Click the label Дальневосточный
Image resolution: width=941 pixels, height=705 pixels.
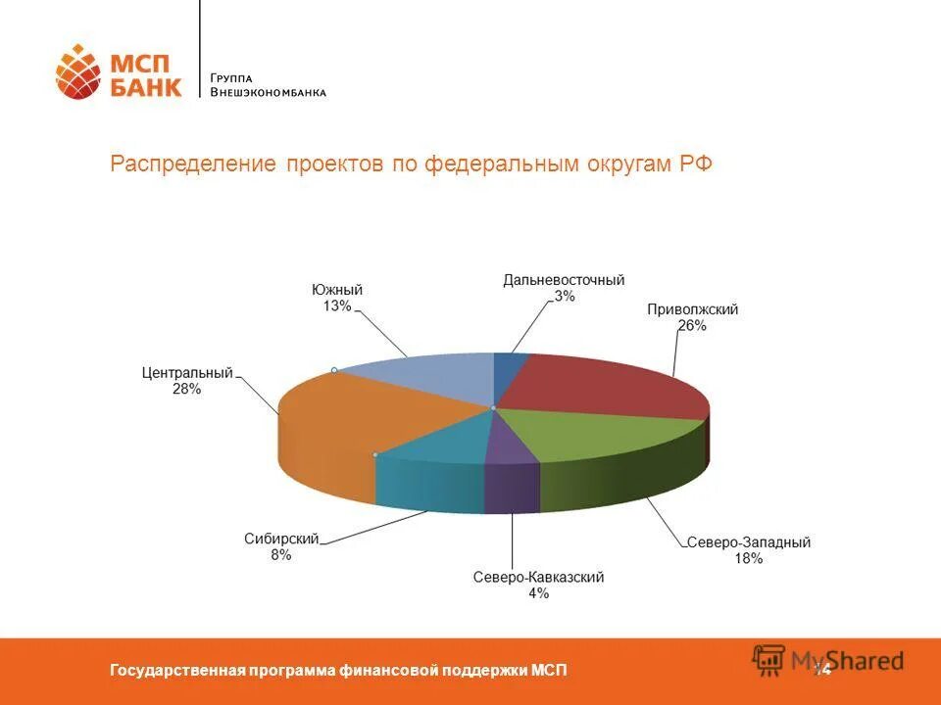tap(564, 280)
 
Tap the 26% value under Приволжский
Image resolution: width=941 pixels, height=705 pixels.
tap(692, 325)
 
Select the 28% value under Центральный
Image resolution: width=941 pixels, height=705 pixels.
tap(186, 389)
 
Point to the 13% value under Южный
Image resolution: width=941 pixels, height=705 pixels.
tap(337, 305)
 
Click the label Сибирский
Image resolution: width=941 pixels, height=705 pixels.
tap(281, 540)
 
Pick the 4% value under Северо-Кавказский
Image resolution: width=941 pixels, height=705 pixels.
tap(538, 593)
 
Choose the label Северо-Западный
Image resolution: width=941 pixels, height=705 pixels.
tap(749, 542)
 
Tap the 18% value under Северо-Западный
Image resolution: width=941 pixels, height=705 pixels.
tap(749, 558)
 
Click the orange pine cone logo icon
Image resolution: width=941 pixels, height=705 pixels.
tap(78, 71)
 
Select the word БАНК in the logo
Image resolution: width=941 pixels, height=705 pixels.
tap(145, 87)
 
